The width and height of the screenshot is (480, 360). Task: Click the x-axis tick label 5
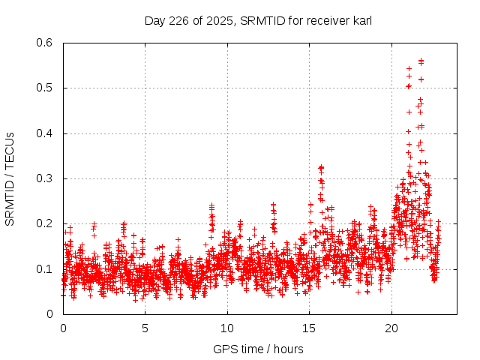[145, 328]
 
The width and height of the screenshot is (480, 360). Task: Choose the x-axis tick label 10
[227, 328]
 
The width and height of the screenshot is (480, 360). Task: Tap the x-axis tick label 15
[309, 328]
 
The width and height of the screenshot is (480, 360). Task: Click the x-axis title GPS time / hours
[258, 349]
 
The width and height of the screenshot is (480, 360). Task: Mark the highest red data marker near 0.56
[421, 61]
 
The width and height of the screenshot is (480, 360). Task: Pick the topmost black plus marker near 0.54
[409, 68]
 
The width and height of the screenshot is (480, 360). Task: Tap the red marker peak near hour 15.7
[321, 167]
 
